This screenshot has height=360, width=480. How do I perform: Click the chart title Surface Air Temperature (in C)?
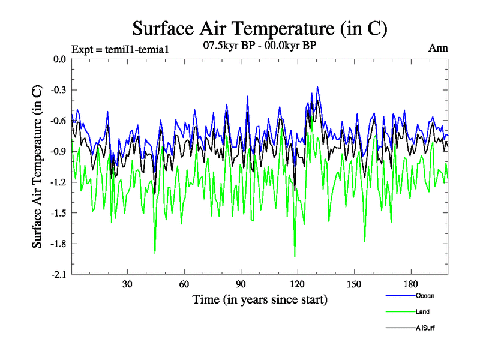pos(260,28)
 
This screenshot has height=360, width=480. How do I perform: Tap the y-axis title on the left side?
pos(37,167)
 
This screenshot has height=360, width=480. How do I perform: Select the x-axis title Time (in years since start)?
pos(260,299)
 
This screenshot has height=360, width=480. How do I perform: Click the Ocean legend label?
pos(424,296)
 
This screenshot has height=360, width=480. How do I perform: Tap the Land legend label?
pos(422,312)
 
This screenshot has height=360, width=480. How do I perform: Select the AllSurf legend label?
pos(425,328)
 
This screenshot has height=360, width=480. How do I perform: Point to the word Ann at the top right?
pos(438,48)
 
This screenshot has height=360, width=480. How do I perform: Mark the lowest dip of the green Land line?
pos(295,256)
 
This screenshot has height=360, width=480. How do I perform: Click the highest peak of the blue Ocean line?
pos(317,86)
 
